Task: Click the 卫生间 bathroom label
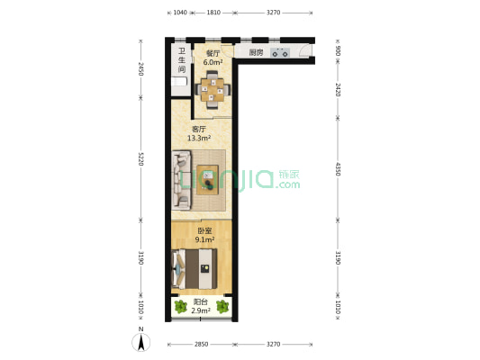(x=182, y=60)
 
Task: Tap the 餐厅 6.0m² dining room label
(x=213, y=58)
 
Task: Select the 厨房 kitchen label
(x=256, y=52)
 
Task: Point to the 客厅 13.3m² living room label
(x=199, y=134)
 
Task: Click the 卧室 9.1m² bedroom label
(x=204, y=235)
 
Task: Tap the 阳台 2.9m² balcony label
(x=201, y=307)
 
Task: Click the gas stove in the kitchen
(x=280, y=52)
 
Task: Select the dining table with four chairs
(x=213, y=90)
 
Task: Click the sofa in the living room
(x=181, y=180)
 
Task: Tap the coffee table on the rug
(x=207, y=180)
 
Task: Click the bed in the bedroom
(x=195, y=269)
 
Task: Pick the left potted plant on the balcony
(x=181, y=307)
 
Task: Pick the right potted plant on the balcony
(x=222, y=307)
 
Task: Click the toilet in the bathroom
(x=179, y=82)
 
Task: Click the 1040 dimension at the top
(x=180, y=13)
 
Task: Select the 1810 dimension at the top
(x=213, y=13)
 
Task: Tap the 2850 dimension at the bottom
(x=201, y=345)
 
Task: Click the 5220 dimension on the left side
(x=140, y=158)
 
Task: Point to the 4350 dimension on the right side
(x=338, y=169)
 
